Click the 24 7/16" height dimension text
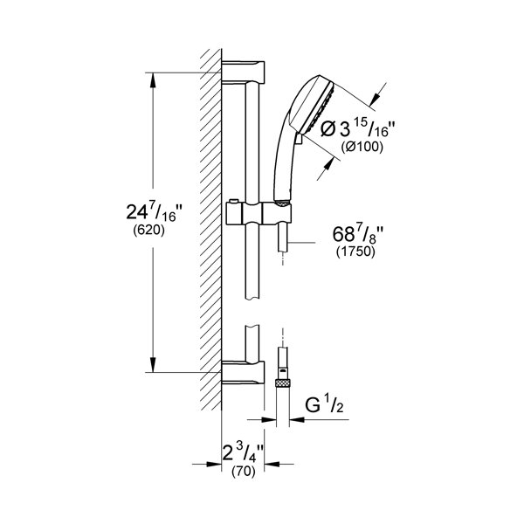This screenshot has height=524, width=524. point(155,212)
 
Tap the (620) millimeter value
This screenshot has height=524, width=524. point(149,231)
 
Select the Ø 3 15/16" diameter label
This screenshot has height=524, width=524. point(358,128)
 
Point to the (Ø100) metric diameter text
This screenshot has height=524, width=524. point(362,147)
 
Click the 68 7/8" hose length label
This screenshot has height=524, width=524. point(357,233)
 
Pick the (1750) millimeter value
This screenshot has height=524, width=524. point(355,252)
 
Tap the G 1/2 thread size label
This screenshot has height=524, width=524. point(324,405)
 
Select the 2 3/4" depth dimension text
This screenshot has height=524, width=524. point(244,452)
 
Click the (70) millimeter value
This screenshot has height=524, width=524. point(244,472)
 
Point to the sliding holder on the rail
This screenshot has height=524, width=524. point(259,213)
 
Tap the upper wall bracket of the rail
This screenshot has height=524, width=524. point(243,72)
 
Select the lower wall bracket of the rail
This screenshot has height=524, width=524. point(243,372)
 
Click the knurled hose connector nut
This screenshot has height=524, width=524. point(283,383)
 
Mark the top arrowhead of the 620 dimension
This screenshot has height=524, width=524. point(153,80)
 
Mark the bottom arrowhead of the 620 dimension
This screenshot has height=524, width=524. point(153,364)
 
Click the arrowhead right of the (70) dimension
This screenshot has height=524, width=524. point(272,464)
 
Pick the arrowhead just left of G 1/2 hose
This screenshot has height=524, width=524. point(268,419)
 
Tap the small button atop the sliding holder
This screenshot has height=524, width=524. point(233,201)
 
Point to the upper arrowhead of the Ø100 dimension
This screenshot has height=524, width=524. point(375,97)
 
